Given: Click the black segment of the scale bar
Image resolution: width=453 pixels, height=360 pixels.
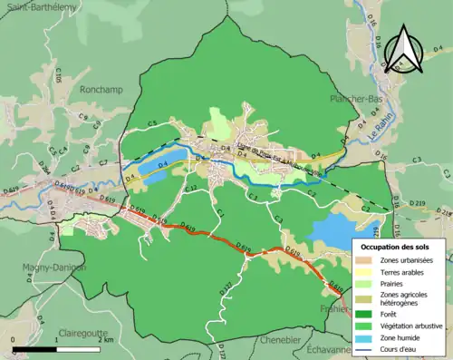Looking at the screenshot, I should tap(36, 347).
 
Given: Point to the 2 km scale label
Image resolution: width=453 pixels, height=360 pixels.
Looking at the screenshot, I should tap(107, 339).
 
